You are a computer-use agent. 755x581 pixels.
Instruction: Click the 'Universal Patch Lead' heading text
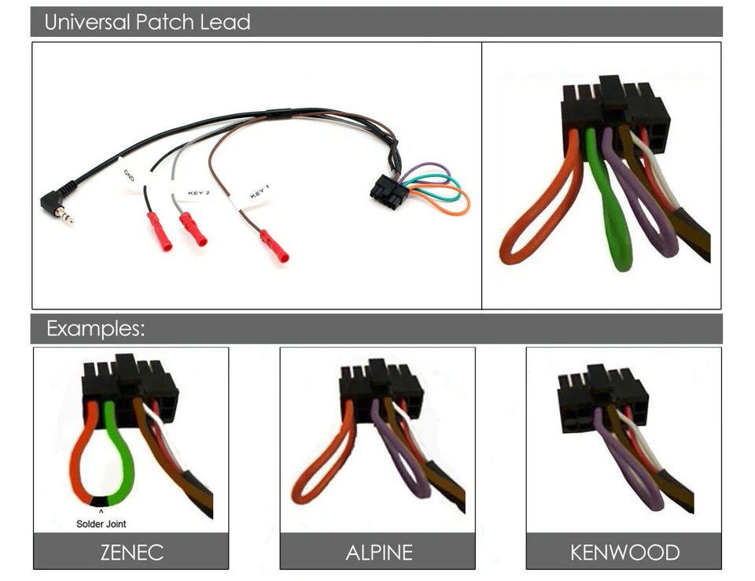pos(147,22)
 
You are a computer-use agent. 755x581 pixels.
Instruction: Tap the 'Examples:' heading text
pos(95,328)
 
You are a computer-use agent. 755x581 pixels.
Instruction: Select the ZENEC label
pos(131,552)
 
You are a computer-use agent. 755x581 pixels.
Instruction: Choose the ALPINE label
pos(378,552)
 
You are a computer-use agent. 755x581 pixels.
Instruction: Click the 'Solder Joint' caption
pos(101,524)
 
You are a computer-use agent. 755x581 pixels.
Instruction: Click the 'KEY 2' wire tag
pos(198,192)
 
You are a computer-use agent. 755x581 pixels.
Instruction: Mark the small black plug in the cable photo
pos(389,191)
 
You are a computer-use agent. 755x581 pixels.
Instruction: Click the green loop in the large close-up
pos(615,228)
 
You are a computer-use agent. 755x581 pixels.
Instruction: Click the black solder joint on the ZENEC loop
pos(101,501)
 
